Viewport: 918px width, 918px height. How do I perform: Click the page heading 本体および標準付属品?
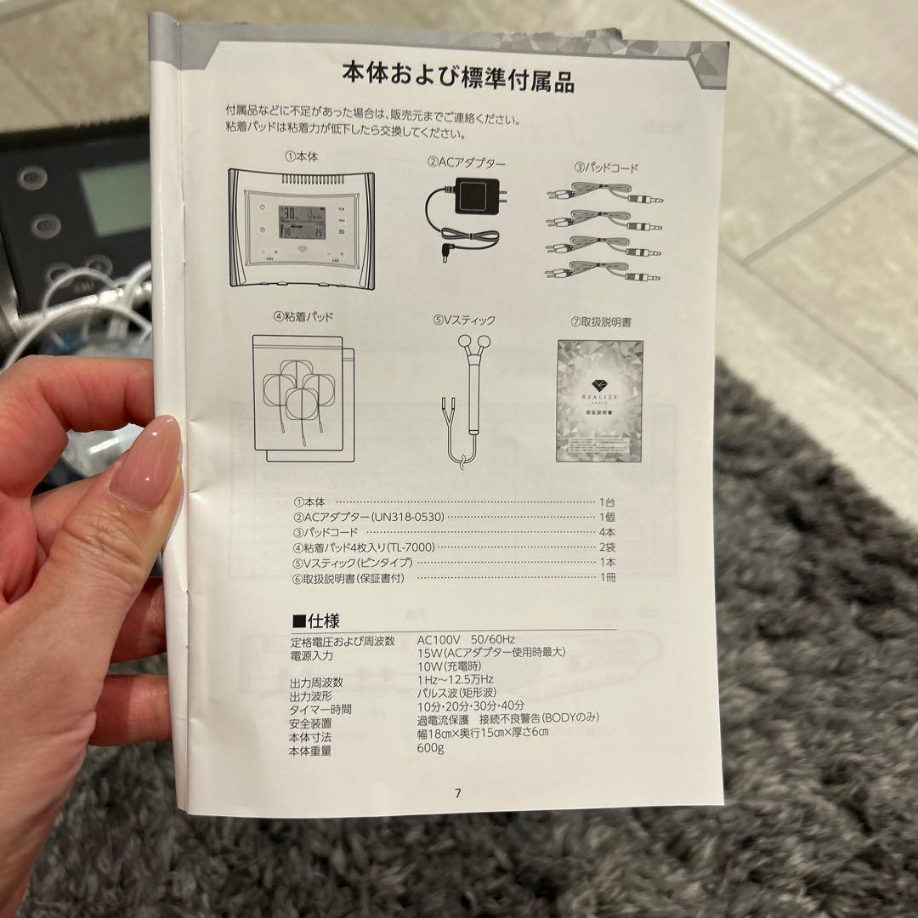coord(458,78)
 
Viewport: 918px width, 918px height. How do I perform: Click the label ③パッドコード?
coord(605,168)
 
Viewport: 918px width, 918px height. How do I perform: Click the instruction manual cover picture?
coord(600,400)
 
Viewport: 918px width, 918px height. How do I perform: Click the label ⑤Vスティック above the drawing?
coord(463,320)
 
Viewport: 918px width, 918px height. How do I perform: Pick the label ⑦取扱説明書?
coord(601,322)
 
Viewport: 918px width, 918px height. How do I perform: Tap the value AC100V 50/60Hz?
coord(466,639)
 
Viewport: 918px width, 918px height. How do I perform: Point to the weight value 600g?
coord(431,749)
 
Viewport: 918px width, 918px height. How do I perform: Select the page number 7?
coord(458,793)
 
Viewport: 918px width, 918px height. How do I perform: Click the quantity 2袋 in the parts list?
coord(608,547)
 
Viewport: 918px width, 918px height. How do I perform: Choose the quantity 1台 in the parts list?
coord(608,501)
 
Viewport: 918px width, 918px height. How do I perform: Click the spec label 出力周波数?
coord(316,682)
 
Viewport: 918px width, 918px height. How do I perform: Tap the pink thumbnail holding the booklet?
coord(145,463)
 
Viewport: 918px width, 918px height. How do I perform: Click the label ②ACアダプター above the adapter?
coord(466,162)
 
